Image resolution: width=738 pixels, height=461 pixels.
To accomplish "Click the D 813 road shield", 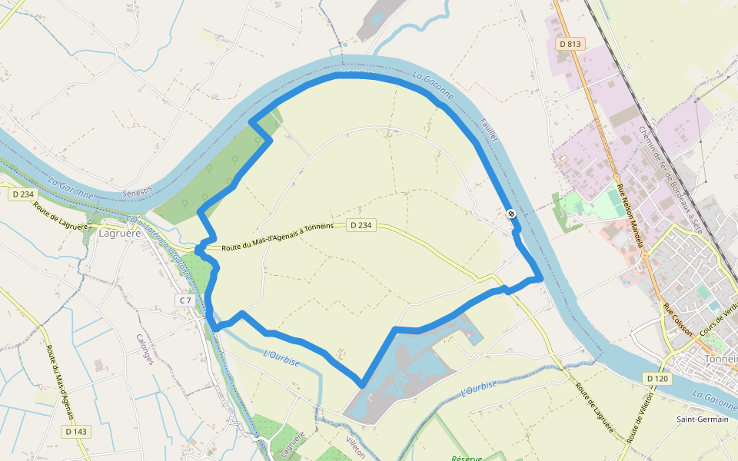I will click(570, 44).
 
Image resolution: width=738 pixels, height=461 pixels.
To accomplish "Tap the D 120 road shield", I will click(657, 379).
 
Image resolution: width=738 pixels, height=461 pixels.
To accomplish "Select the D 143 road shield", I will click(76, 432).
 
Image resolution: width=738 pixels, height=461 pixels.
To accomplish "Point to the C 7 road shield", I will click(184, 300).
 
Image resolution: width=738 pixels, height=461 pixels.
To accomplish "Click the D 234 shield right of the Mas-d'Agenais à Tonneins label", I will click(361, 225).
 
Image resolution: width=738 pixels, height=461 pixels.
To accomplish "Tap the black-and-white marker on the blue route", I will click(511, 214).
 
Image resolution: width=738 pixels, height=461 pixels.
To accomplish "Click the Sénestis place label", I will click(138, 189).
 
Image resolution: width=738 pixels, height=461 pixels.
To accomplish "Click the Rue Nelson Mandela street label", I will click(629, 214).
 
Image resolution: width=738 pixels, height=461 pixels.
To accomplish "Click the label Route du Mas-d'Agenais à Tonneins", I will click(277, 237).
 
